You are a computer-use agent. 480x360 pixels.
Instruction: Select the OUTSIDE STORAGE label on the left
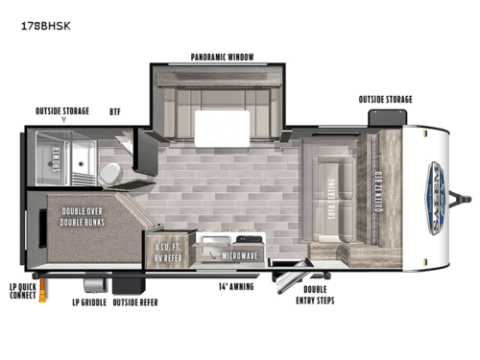click(x=62, y=110)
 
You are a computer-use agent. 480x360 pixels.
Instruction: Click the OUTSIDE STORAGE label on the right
click(x=385, y=98)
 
